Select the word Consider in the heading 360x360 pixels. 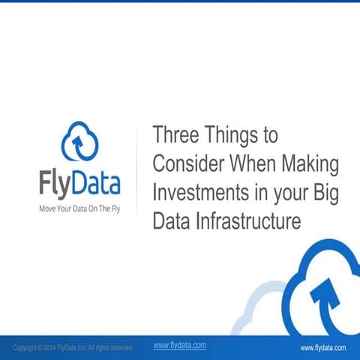point(187,163)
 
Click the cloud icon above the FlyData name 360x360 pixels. point(80,143)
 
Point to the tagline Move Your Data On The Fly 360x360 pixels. point(79,208)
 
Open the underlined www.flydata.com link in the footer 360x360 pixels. point(180,345)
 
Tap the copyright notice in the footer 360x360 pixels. point(73,348)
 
